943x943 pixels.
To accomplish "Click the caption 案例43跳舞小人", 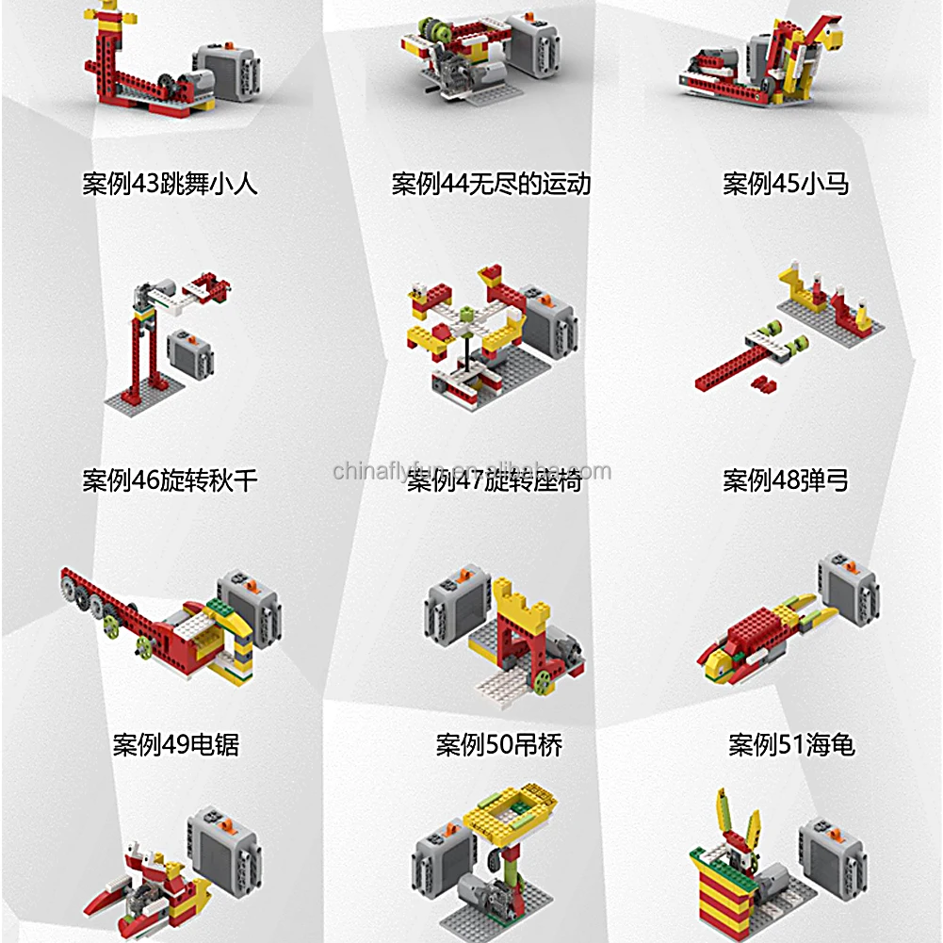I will point(170,183).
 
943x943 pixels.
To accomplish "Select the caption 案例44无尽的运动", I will point(491,183).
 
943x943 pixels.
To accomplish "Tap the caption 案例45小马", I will point(786,183).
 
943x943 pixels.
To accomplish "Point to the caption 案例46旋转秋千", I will point(170,480).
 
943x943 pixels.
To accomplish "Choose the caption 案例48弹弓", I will point(786,480).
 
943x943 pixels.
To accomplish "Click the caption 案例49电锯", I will point(175,745).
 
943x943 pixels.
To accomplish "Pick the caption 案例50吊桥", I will point(498,745).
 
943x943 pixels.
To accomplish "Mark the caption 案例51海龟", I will point(791,745).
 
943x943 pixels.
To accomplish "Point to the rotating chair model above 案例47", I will point(471,330).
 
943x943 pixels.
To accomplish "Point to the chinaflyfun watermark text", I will point(471,471).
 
